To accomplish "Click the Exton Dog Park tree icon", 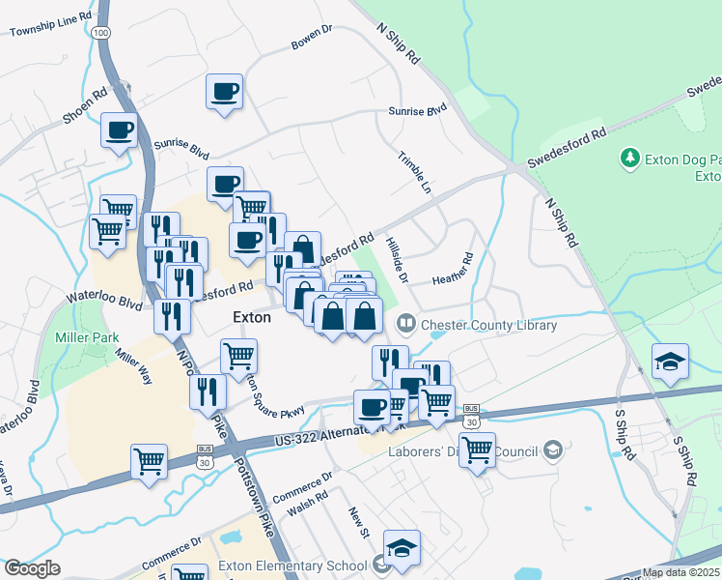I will click(630, 157).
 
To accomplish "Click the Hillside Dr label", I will click(397, 262).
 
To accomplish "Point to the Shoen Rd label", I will click(84, 107).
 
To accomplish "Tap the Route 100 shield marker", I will click(101, 33).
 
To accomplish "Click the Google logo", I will click(32, 568).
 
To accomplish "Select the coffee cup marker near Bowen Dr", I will click(224, 93).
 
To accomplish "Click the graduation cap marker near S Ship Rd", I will click(670, 362).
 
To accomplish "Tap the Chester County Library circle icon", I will click(407, 324).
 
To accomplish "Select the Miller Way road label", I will click(133, 367).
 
